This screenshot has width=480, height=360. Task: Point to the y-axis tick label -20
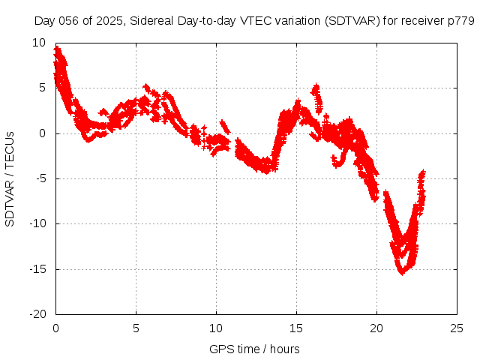37,314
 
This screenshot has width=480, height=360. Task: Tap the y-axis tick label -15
37,269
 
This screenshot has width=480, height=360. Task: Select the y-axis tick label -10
37,223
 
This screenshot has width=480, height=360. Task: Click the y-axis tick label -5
40,178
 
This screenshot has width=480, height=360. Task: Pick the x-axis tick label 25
457,328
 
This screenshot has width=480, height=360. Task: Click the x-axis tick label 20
376,328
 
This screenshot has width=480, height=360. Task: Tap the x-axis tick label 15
296,328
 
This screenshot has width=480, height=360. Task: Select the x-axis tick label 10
216,328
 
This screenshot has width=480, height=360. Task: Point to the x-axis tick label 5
136,328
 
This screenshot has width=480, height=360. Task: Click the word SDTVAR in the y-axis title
10,202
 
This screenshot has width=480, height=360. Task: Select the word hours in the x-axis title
284,349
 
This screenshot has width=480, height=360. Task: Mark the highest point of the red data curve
57,48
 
